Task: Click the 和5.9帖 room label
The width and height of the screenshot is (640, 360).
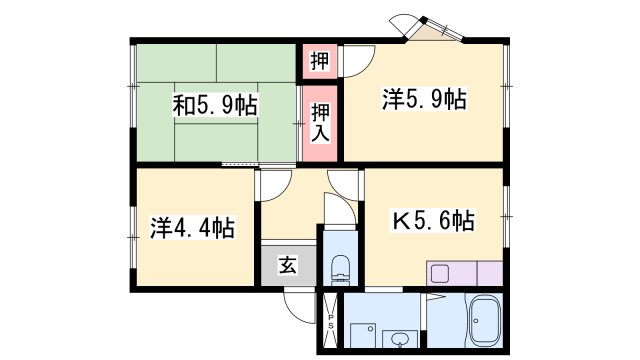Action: (x=215, y=105)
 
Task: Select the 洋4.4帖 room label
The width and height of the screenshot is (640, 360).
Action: (x=193, y=228)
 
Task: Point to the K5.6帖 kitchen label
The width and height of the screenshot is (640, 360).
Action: (x=433, y=220)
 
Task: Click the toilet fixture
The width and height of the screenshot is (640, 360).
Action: (x=339, y=267)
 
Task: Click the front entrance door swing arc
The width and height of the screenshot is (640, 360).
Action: (x=299, y=303)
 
